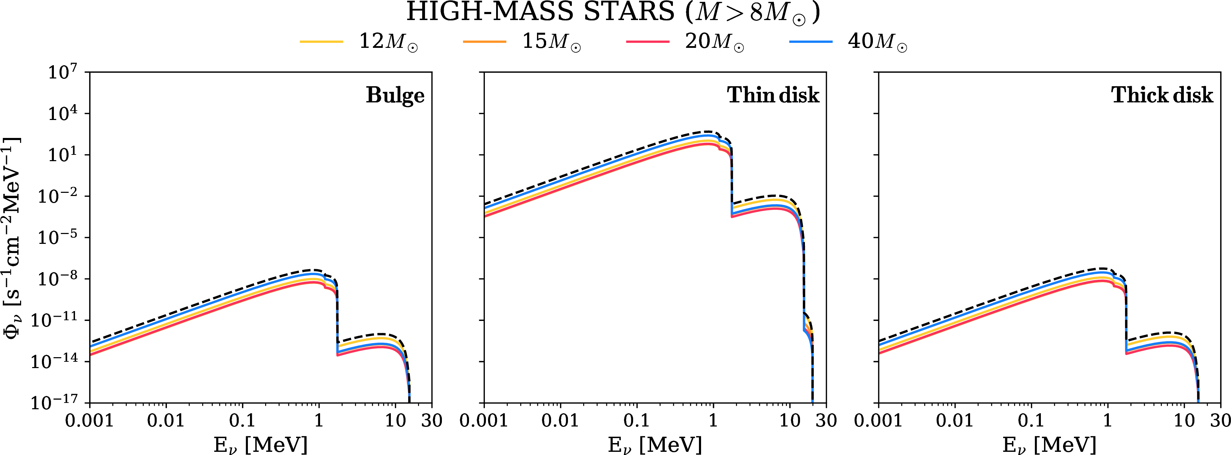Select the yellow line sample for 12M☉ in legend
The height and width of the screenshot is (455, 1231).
(321, 42)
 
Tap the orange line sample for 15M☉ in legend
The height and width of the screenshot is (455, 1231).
(484, 42)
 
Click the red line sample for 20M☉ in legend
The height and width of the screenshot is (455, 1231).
(648, 42)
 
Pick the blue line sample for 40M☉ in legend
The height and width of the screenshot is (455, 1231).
(811, 42)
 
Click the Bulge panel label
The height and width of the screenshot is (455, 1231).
(395, 95)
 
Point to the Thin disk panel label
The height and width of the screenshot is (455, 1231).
(773, 95)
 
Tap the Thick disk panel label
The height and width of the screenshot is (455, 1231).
(1162, 95)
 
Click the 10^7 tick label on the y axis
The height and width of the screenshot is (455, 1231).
(62, 72)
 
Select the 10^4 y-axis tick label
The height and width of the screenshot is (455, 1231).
(62, 114)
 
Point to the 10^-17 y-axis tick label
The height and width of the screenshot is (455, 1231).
(54, 403)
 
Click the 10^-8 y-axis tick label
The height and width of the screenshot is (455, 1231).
(57, 279)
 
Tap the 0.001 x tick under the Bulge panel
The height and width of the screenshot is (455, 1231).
(89, 421)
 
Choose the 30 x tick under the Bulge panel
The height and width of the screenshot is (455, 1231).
(432, 421)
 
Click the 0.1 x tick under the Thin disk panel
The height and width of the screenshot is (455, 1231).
(637, 421)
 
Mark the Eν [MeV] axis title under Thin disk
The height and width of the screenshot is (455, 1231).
(655, 445)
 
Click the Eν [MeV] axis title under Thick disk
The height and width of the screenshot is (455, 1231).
(1049, 445)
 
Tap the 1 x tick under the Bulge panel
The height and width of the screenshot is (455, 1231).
(319, 421)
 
